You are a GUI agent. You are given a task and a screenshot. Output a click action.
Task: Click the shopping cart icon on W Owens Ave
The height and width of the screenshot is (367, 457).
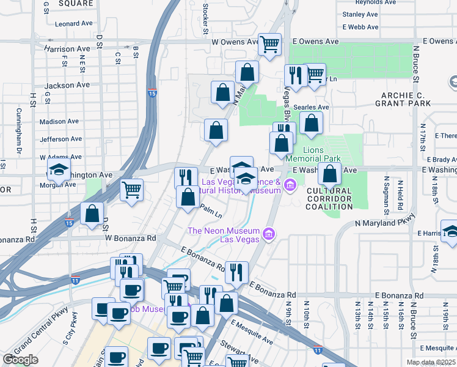click(x=269, y=45)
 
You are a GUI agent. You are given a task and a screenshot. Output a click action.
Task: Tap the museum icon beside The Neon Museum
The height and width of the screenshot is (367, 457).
click(x=267, y=234)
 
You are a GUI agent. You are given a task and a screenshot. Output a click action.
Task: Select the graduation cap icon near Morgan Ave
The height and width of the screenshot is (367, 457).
click(x=59, y=169)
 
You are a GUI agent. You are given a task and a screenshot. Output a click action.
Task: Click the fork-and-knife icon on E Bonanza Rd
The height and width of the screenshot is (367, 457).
click(x=236, y=270)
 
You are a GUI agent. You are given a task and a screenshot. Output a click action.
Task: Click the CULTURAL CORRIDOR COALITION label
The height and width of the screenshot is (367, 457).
click(x=329, y=199)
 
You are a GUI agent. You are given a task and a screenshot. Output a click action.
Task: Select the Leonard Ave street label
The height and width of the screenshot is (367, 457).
click(x=73, y=24)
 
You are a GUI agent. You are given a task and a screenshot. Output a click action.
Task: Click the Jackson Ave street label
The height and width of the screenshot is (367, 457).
click(x=67, y=86)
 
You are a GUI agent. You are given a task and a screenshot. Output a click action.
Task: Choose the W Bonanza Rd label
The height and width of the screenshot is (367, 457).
click(x=131, y=237)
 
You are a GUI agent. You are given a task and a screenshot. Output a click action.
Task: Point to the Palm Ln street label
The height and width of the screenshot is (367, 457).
click(x=210, y=211)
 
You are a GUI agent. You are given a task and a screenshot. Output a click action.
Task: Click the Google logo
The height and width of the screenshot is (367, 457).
click(x=20, y=360)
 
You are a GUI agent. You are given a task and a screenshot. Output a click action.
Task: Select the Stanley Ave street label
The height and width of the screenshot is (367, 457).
click(x=361, y=14)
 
